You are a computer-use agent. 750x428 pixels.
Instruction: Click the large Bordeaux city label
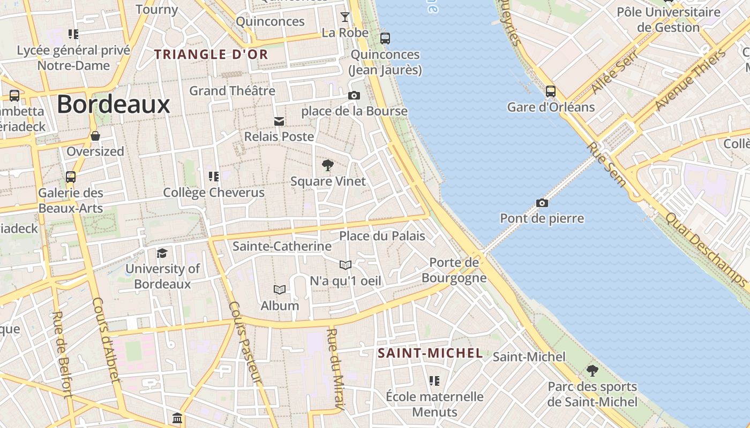pyautogui.click(x=114, y=104)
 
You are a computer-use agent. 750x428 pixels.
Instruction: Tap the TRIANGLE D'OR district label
pyautogui.click(x=211, y=54)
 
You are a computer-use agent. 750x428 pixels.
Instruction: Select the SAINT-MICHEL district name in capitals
pyautogui.click(x=430, y=353)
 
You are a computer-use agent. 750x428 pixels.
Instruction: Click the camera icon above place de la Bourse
pyautogui.click(x=354, y=96)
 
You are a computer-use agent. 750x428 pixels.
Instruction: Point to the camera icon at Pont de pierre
pyautogui.click(x=542, y=203)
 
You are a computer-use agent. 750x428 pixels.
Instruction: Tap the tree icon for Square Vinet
pyautogui.click(x=327, y=165)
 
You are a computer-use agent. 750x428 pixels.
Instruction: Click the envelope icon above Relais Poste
pyautogui.click(x=279, y=121)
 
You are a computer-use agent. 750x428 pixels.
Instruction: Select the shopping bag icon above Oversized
pyautogui.click(x=95, y=136)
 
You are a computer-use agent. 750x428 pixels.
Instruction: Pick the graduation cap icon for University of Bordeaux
pyautogui.click(x=162, y=253)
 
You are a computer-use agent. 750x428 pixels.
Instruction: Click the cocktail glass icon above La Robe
pyautogui.click(x=345, y=17)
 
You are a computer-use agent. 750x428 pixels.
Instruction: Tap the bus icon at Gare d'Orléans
pyautogui.click(x=551, y=91)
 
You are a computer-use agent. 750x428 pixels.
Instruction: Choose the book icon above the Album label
pyautogui.click(x=280, y=290)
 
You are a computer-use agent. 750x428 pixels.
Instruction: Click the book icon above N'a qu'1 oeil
pyautogui.click(x=346, y=265)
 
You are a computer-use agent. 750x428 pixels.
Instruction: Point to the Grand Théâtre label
pyautogui.click(x=232, y=90)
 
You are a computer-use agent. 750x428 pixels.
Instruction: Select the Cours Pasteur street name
pyautogui.click(x=245, y=342)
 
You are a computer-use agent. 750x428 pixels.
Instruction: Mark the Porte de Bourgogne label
pyautogui.click(x=454, y=270)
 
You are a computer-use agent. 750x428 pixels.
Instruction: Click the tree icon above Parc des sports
pyautogui.click(x=592, y=370)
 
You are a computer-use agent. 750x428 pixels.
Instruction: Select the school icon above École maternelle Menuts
pyautogui.click(x=434, y=381)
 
